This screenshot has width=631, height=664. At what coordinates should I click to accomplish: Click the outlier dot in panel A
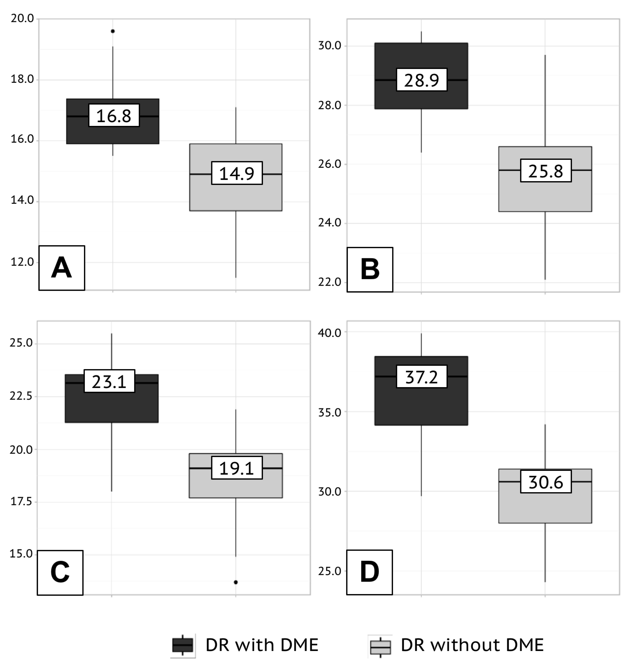pos(113,31)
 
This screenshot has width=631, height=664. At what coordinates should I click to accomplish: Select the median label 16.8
pos(114,116)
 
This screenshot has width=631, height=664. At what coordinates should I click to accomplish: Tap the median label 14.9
pos(237,173)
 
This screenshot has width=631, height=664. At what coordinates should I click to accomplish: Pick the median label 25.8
pos(545,171)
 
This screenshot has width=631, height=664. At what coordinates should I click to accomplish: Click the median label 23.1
pos(109,381)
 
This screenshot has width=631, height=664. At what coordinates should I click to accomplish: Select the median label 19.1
pos(237,468)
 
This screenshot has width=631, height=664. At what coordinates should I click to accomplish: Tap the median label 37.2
pos(421,377)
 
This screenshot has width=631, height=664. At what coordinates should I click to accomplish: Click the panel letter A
pos(62,268)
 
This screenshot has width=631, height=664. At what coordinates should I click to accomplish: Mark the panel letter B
pos(370,270)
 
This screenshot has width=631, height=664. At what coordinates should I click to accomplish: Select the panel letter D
pos(369,572)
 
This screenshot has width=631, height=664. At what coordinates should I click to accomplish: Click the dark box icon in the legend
pos(183,645)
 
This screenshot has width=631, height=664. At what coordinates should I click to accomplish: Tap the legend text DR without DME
pos(472,645)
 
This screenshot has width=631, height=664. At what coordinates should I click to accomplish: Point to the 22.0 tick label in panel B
pos(330,282)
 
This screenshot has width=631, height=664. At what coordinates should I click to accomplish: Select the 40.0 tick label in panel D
pos(330,333)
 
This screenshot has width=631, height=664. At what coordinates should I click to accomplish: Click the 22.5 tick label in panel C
pos(21,396)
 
